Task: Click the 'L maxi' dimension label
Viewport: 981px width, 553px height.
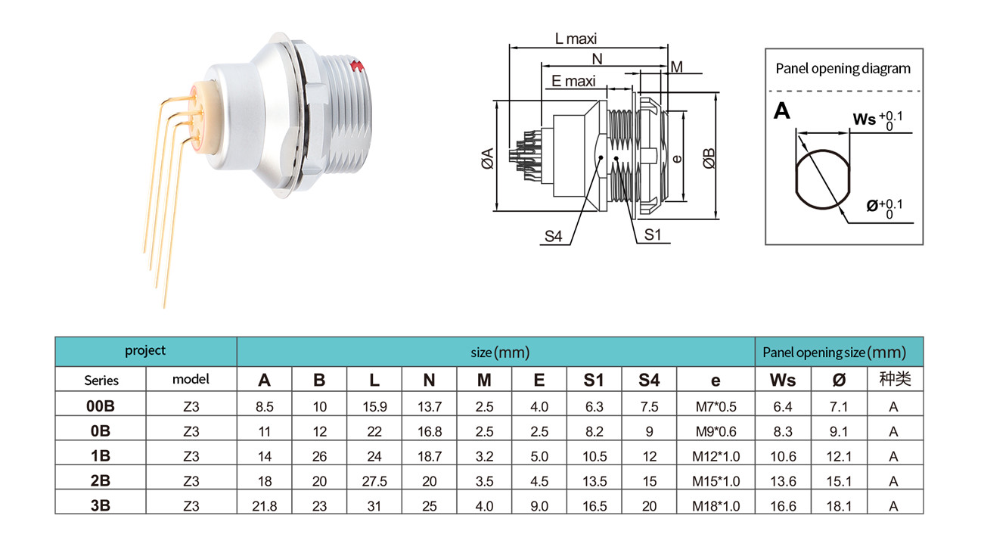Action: click(576, 39)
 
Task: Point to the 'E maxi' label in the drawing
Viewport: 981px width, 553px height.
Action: click(573, 81)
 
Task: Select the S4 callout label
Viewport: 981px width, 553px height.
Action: click(553, 236)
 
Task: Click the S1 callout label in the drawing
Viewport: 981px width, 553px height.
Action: click(653, 235)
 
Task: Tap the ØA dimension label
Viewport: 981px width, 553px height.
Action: click(487, 158)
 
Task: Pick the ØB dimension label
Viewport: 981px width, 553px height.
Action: click(709, 158)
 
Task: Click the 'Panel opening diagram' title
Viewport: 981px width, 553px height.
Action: click(843, 69)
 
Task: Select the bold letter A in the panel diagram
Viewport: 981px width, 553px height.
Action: click(782, 110)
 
